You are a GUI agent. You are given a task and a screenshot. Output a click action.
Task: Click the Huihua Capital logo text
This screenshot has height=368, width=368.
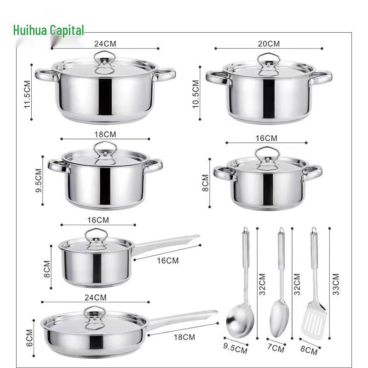click(x=49, y=30)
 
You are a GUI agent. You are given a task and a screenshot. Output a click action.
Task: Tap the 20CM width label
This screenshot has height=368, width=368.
click(x=269, y=44)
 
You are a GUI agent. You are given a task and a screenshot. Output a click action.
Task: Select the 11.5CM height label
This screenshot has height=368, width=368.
click(x=28, y=94)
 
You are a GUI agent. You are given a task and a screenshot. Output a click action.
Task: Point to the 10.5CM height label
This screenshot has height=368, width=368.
click(x=196, y=94)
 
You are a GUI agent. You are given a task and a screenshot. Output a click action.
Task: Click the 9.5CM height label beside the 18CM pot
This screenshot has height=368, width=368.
click(x=39, y=180)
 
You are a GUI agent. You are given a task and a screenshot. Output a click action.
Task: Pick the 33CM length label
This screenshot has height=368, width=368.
click(x=336, y=284)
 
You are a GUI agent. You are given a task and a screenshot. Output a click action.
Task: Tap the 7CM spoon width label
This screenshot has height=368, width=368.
click(x=276, y=348)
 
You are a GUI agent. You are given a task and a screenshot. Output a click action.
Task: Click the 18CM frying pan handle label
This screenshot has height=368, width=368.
click(x=184, y=337)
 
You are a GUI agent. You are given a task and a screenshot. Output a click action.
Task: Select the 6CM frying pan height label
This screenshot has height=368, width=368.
click(x=29, y=338)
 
